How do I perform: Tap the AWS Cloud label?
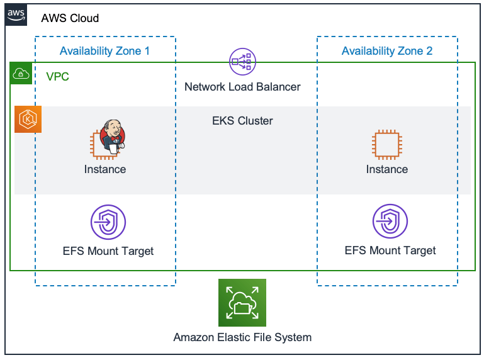tap(70, 18)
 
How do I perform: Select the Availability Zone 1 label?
tap(104, 51)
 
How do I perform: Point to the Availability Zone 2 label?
tap(387, 51)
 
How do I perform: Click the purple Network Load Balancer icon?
tap(242, 61)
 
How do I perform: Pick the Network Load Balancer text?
tap(242, 87)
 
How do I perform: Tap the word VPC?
tap(58, 77)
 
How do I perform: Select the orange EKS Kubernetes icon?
tap(28, 119)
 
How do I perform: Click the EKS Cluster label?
tap(242, 121)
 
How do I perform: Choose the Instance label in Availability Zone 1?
tap(105, 169)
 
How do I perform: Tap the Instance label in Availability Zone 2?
tap(387, 169)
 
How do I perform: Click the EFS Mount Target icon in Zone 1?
tap(108, 223)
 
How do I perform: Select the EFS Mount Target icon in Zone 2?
tap(390, 223)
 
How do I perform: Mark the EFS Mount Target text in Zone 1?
tap(108, 251)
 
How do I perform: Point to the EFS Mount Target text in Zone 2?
tap(390, 250)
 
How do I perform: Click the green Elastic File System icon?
tap(242, 303)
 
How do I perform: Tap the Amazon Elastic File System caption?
tap(242, 337)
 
